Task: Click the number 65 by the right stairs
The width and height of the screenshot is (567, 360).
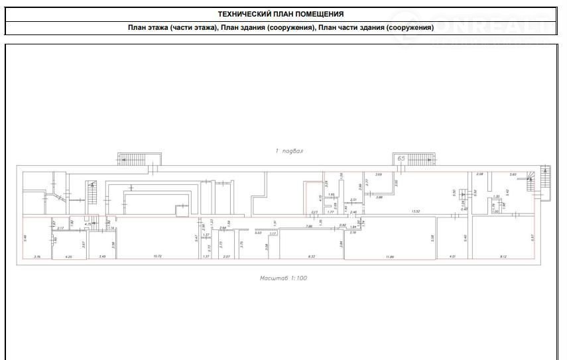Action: click(x=401, y=158)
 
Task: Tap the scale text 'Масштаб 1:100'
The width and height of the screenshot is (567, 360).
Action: click(x=283, y=278)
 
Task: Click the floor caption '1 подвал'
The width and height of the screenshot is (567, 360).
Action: click(x=288, y=151)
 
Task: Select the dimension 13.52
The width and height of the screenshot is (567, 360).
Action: click(x=416, y=211)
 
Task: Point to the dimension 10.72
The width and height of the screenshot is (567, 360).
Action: click(x=157, y=256)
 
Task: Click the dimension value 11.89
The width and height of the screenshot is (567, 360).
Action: click(x=389, y=256)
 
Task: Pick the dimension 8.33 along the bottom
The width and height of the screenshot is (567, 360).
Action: click(x=312, y=256)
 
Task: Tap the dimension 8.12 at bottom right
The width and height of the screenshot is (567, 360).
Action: click(x=503, y=256)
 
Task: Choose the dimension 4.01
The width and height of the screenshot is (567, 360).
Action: click(x=453, y=256)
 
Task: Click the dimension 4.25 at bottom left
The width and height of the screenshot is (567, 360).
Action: click(x=66, y=256)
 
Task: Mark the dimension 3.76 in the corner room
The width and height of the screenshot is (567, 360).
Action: click(x=37, y=256)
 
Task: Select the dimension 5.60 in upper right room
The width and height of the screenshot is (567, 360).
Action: click(x=513, y=174)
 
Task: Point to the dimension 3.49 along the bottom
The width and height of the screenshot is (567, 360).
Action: click(x=102, y=256)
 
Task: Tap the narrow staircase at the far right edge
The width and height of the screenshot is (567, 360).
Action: click(x=545, y=182)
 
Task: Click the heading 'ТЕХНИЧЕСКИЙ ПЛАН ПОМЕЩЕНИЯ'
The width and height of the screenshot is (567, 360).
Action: click(x=281, y=14)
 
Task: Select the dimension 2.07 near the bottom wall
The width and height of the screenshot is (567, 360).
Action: click(x=226, y=256)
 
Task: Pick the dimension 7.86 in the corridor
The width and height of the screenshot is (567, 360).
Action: click(x=309, y=227)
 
